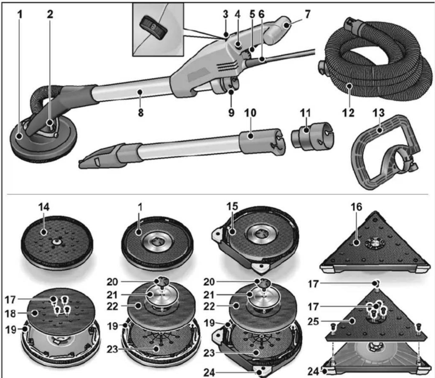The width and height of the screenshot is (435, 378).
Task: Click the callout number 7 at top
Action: pos(307,14)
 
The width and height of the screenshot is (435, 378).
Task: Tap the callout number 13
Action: pos(378,113)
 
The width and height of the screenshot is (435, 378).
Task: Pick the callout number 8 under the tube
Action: pos(141,113)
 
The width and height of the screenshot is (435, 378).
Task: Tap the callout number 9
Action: pos(231,113)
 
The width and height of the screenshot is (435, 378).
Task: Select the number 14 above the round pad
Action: pos(44,207)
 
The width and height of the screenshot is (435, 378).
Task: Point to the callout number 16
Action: pos(356,207)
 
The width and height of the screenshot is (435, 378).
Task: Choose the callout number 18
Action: pos(10,314)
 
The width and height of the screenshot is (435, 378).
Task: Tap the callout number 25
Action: pos(313,321)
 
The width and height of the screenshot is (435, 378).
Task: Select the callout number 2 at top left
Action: pos(50,14)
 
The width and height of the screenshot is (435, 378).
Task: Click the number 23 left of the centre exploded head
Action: pos(112,349)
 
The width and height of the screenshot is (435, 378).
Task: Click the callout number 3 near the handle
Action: pos(226,14)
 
